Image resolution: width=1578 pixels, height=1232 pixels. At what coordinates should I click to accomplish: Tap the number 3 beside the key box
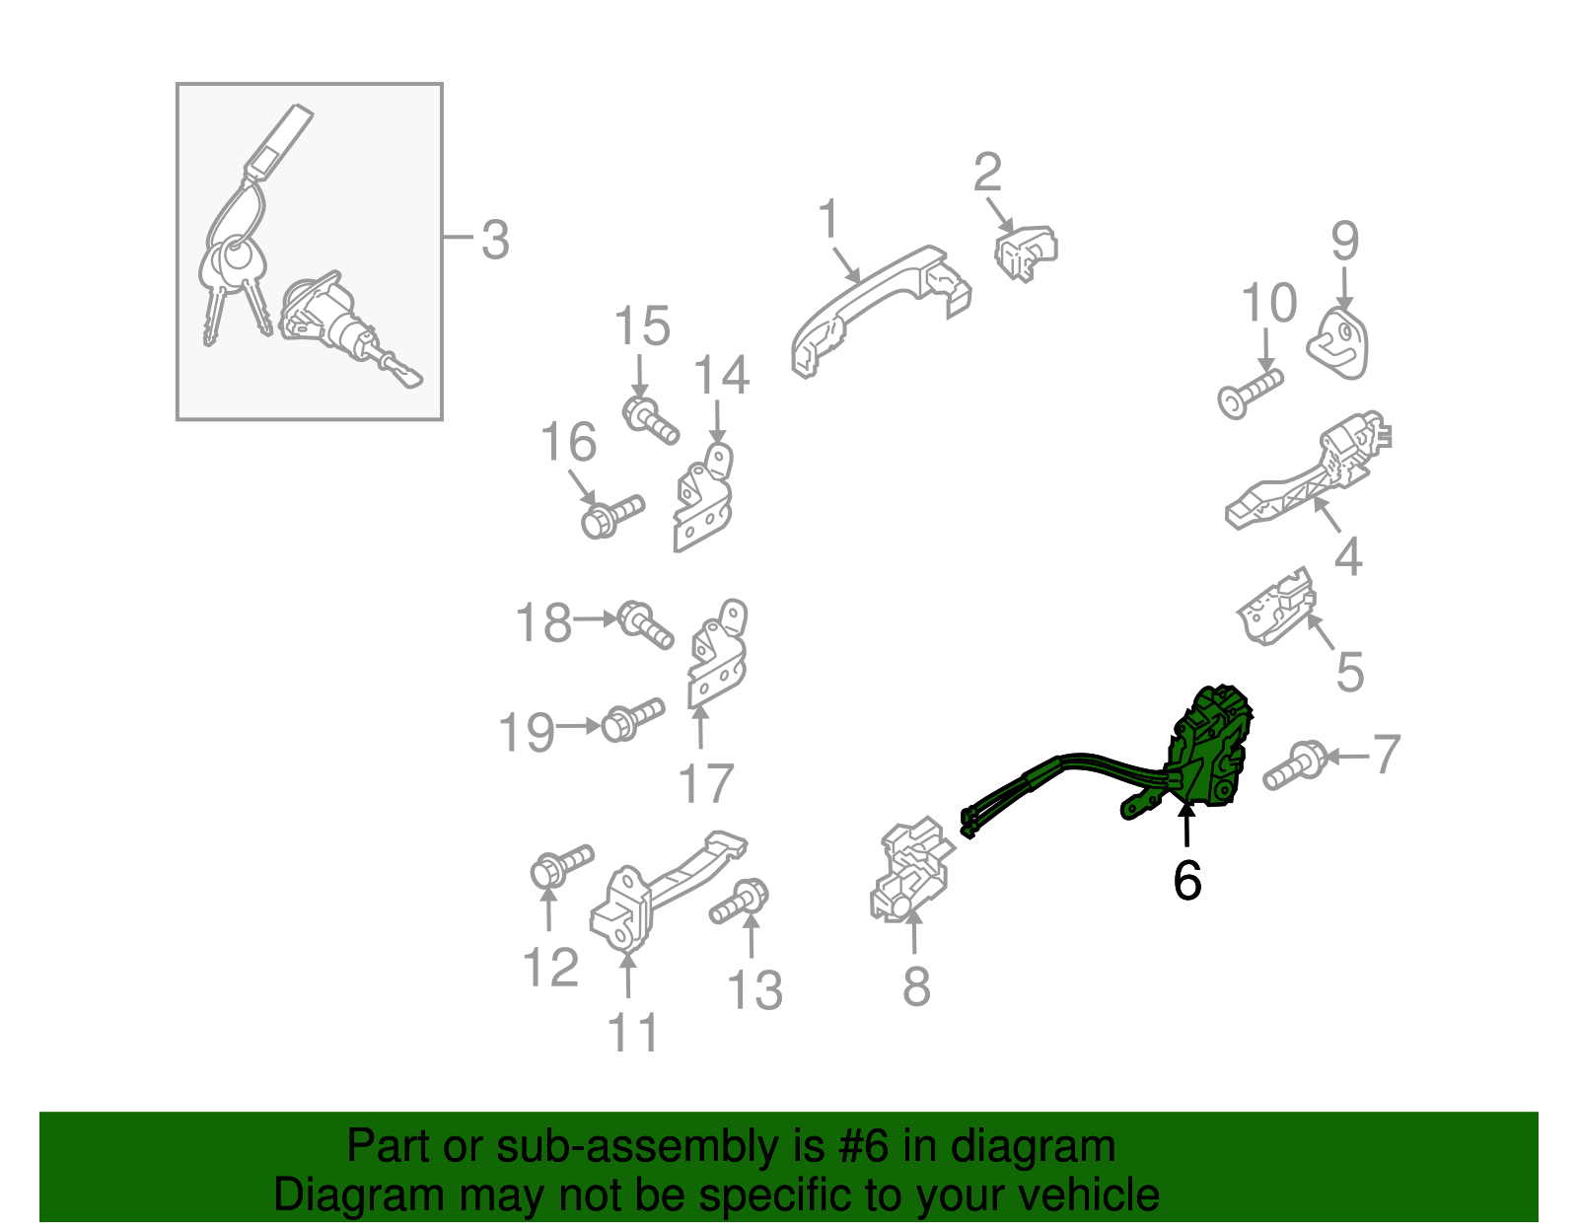click(495, 240)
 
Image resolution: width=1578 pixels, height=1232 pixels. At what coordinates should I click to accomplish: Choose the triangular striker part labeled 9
click(1340, 342)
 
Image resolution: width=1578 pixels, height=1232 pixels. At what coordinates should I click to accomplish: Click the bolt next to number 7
click(1293, 766)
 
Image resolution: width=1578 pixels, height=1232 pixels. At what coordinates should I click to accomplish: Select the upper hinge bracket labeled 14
click(704, 497)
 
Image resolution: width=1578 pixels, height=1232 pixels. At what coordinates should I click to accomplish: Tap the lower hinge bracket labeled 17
click(718, 656)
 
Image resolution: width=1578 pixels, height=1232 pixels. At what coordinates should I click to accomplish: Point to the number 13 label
click(754, 990)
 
